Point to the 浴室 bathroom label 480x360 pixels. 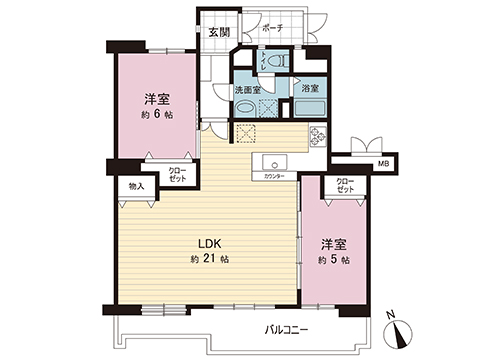311,89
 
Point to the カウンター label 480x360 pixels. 274,177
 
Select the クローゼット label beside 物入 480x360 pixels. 177,174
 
